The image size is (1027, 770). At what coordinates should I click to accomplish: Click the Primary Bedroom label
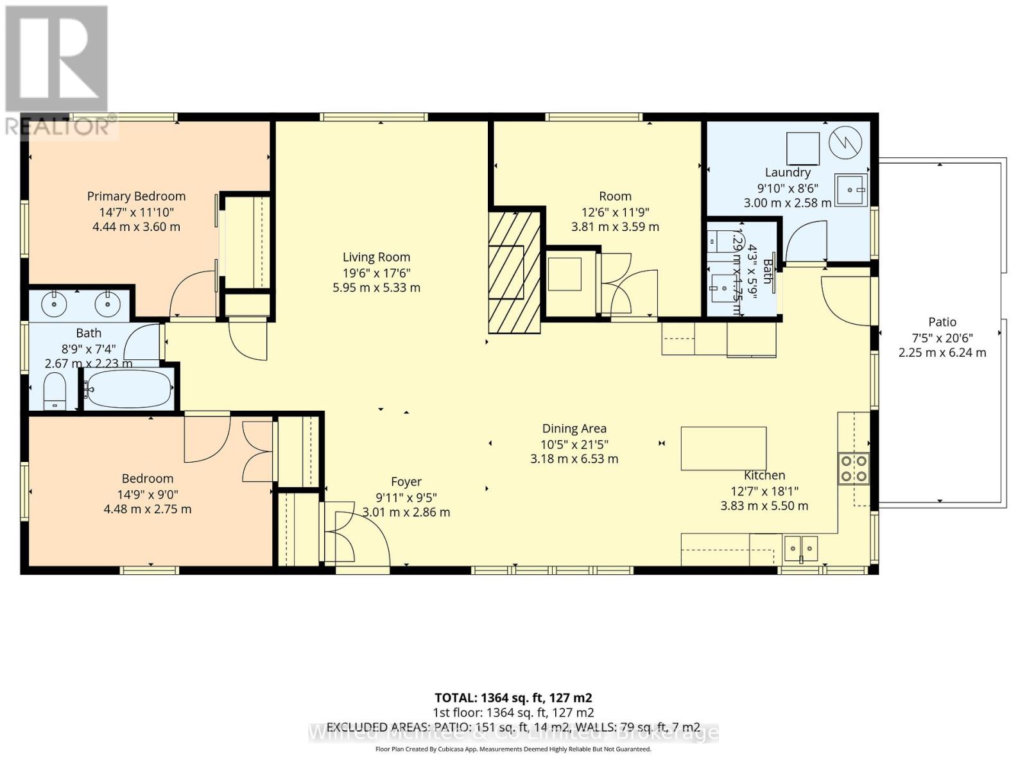pyautogui.click(x=136, y=196)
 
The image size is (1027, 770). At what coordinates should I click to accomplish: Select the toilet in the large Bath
pyautogui.click(x=55, y=391)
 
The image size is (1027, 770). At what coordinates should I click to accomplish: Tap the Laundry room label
pyautogui.click(x=788, y=173)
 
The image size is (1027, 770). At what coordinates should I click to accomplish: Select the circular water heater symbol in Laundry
pyautogui.click(x=845, y=142)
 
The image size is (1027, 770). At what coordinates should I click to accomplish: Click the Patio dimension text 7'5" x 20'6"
pyautogui.click(x=942, y=338)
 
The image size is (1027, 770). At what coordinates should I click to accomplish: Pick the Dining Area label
pyautogui.click(x=574, y=429)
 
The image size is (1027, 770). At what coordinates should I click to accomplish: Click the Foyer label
pyautogui.click(x=406, y=482)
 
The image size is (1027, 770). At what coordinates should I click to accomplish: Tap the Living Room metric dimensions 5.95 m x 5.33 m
pyautogui.click(x=376, y=288)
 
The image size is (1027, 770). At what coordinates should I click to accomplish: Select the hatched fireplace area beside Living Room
pyautogui.click(x=514, y=273)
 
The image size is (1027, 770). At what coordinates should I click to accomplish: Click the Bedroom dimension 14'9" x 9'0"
pyautogui.click(x=148, y=494)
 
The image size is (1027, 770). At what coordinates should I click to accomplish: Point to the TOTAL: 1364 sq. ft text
pyautogui.click(x=513, y=697)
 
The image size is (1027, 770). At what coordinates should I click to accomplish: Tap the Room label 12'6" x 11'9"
pyautogui.click(x=615, y=212)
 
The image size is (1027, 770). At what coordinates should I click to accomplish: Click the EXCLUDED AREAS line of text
pyautogui.click(x=513, y=727)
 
